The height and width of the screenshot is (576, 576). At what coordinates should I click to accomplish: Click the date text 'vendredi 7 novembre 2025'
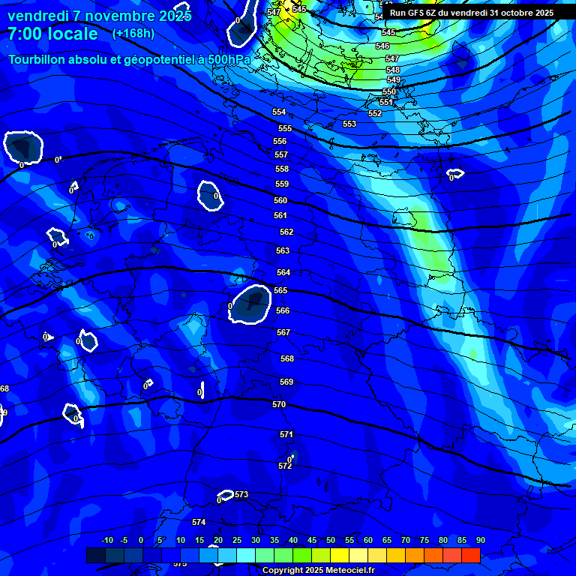pyautogui.click(x=99, y=16)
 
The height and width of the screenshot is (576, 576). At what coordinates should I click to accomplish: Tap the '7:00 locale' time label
pyautogui.click(x=52, y=34)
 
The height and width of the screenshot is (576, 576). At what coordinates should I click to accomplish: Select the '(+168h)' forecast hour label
pyautogui.click(x=133, y=34)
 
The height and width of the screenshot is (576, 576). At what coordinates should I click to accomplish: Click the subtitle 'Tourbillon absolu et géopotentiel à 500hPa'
pyautogui.click(x=129, y=59)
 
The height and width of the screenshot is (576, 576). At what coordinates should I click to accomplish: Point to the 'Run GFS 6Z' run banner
pyautogui.click(x=471, y=13)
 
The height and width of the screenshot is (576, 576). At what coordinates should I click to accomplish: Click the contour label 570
pyautogui.click(x=279, y=404)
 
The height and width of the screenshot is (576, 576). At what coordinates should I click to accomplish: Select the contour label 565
pyautogui.click(x=281, y=290)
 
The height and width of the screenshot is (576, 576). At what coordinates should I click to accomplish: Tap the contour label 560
pyautogui.click(x=280, y=200)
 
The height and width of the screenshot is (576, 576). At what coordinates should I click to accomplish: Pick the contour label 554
pyautogui.click(x=279, y=112)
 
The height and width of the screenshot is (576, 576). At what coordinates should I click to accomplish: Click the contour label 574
pyautogui.click(x=198, y=522)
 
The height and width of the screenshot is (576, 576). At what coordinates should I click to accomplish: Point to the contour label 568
pyautogui.click(x=287, y=358)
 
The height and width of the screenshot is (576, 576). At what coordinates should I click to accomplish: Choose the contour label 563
pyautogui.click(x=283, y=250)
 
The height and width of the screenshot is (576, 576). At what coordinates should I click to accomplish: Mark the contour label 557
pyautogui.click(x=281, y=154)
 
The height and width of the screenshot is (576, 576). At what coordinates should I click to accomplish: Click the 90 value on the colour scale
pyautogui.click(x=480, y=540)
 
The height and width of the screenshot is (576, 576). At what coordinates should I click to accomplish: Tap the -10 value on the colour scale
pyautogui.click(x=107, y=540)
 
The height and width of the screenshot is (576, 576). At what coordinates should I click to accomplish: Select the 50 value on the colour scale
pyautogui.click(x=330, y=540)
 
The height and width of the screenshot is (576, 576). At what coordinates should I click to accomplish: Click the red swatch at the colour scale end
pyautogui.click(x=470, y=555)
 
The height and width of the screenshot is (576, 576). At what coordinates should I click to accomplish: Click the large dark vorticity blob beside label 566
pyautogui.click(x=250, y=304)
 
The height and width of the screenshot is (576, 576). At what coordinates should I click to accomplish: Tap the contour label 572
pyautogui.click(x=285, y=466)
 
